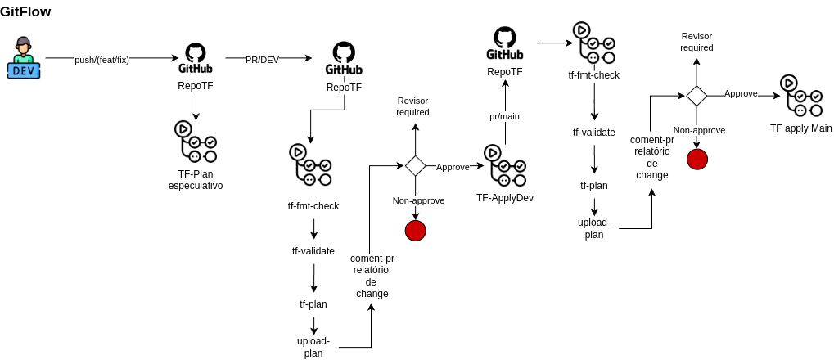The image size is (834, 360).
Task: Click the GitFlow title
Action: [25, 11]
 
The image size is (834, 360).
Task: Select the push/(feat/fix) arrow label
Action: [101, 59]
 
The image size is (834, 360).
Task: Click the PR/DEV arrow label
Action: [262, 59]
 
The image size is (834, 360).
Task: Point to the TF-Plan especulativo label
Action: [196, 180]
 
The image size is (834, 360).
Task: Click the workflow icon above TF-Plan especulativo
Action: [196, 142]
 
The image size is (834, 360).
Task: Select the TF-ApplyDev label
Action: [505, 198]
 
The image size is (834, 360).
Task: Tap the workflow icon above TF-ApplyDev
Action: [504, 165]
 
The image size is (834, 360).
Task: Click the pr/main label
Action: [504, 116]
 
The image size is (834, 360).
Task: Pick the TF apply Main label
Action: [800, 129]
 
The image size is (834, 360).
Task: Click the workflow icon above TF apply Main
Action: [801, 96]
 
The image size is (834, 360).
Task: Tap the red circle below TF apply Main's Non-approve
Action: [697, 159]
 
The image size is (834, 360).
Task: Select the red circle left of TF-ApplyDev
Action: [416, 231]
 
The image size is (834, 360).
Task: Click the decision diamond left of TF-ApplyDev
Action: [416, 165]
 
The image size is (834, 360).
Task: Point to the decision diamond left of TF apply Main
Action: [697, 96]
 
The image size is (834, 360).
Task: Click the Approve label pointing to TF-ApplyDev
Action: [453, 167]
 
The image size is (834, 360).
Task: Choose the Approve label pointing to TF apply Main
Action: [741, 93]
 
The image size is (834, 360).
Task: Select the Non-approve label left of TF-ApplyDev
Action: [418, 200]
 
